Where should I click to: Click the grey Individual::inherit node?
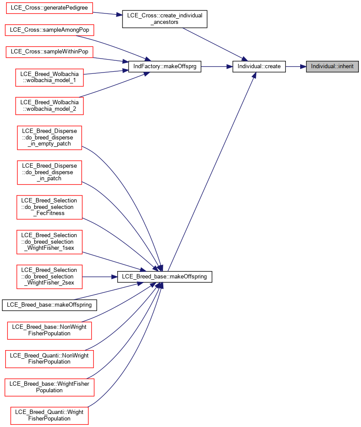(x=332, y=66)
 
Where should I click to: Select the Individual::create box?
(x=259, y=66)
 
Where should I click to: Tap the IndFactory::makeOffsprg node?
(x=165, y=66)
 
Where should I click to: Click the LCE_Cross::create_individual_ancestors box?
(x=165, y=19)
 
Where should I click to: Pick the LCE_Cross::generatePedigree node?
(x=49, y=8)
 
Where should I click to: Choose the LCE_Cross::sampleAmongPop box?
(x=49, y=30)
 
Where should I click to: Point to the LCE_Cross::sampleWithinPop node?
(x=49, y=52)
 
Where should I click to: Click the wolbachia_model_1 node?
(x=49, y=77)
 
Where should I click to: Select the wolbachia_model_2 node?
(x=49, y=106)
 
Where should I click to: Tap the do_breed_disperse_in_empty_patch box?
(x=49, y=138)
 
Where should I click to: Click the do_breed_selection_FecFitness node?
(x=49, y=207)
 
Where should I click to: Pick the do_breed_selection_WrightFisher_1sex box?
(x=49, y=242)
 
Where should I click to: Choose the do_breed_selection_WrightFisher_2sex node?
(x=49, y=276)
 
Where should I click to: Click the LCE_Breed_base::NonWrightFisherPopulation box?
(x=49, y=330)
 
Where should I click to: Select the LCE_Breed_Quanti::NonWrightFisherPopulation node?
(x=49, y=359)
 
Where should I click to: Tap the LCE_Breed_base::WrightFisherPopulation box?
(x=49, y=387)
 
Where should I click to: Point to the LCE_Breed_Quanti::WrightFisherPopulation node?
(x=49, y=416)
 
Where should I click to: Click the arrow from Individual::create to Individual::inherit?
(x=296, y=66)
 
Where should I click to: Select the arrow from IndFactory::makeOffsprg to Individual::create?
(x=217, y=66)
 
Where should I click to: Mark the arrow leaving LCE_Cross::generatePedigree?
(x=108, y=13)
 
